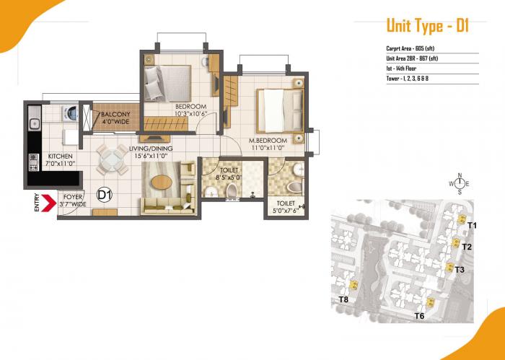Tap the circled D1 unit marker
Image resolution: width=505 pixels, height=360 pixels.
[104, 194]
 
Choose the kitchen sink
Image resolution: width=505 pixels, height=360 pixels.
[33, 120]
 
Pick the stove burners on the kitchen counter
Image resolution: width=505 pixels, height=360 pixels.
[32, 159]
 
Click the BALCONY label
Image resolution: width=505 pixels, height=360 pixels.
[115, 115]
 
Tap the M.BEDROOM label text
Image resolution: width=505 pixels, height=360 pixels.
[268, 140]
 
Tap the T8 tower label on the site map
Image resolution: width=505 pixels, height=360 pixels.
[343, 299]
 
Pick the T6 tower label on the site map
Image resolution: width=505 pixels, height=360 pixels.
[419, 316]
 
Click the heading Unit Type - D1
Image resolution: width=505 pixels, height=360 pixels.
[428, 27]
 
